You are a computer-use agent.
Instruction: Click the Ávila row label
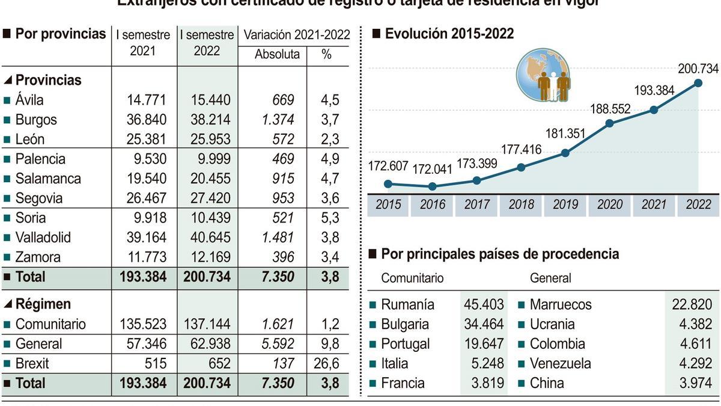tap(29, 100)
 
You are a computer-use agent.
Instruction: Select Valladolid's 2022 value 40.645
tap(207, 238)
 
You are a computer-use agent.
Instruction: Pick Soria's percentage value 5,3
tap(330, 218)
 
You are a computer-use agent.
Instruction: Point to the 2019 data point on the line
tap(565, 153)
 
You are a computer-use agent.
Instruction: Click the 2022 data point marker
tap(698, 83)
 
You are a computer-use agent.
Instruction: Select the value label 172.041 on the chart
tap(431, 170)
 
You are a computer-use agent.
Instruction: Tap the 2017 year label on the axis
tap(477, 205)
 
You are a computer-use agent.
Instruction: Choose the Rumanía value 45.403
tap(484, 304)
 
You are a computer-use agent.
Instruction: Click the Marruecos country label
tap(560, 304)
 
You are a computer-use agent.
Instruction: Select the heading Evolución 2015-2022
tap(449, 34)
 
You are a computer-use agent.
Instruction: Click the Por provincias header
tap(60, 34)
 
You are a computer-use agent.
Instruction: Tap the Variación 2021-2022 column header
tap(296, 35)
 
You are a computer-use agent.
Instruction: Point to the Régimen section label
tap(43, 304)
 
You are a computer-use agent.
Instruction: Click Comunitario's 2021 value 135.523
tap(142, 324)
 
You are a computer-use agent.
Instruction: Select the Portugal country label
tap(405, 343)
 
